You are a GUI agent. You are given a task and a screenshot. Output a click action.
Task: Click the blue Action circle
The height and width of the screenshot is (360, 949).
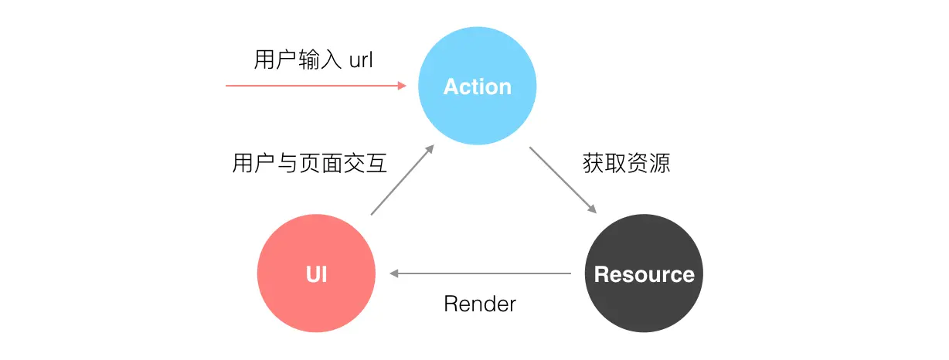[x=477, y=85]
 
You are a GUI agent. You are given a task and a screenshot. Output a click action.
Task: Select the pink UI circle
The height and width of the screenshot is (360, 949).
[x=316, y=273]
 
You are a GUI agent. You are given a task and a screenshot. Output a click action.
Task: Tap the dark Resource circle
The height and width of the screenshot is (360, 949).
[x=644, y=273]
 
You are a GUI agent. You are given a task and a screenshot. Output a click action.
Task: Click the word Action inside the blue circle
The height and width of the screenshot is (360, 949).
[x=477, y=87]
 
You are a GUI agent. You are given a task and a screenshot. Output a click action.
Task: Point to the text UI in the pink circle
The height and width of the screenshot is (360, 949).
[x=316, y=274]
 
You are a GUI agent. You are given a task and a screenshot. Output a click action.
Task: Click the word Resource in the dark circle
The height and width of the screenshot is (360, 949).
[x=644, y=274]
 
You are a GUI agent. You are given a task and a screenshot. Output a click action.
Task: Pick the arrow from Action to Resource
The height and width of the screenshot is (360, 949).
[x=563, y=180]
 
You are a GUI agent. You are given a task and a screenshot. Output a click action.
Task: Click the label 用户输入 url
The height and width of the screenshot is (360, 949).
[x=313, y=59]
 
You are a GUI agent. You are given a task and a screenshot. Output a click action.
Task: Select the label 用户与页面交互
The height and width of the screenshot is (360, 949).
[x=309, y=164]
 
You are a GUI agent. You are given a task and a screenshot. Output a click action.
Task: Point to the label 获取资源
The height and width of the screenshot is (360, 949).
[x=625, y=164]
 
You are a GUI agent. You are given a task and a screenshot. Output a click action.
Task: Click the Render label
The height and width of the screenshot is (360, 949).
[x=479, y=304]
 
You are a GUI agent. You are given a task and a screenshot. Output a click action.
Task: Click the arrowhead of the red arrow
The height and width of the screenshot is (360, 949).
[x=402, y=86]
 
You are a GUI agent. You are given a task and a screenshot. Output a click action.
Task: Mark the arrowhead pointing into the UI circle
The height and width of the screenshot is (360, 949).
[x=394, y=273]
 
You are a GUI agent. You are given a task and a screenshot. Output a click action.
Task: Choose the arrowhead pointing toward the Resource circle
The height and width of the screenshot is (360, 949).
[x=591, y=209]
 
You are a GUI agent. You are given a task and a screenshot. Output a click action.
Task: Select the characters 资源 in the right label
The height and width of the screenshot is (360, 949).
[x=648, y=164]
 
